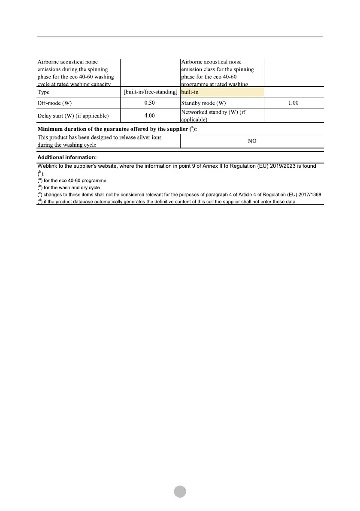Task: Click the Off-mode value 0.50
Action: (149, 103)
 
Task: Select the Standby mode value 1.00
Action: (293, 103)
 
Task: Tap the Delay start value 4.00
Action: (149, 115)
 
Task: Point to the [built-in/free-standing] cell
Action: (151, 92)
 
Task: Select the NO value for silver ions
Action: (252, 141)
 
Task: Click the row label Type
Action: (44, 92)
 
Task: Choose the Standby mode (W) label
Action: (203, 103)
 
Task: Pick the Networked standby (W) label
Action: (216, 112)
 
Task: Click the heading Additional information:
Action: (67, 157)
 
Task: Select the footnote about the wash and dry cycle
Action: (69, 187)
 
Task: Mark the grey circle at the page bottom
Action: (180, 491)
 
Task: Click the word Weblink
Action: (48, 166)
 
